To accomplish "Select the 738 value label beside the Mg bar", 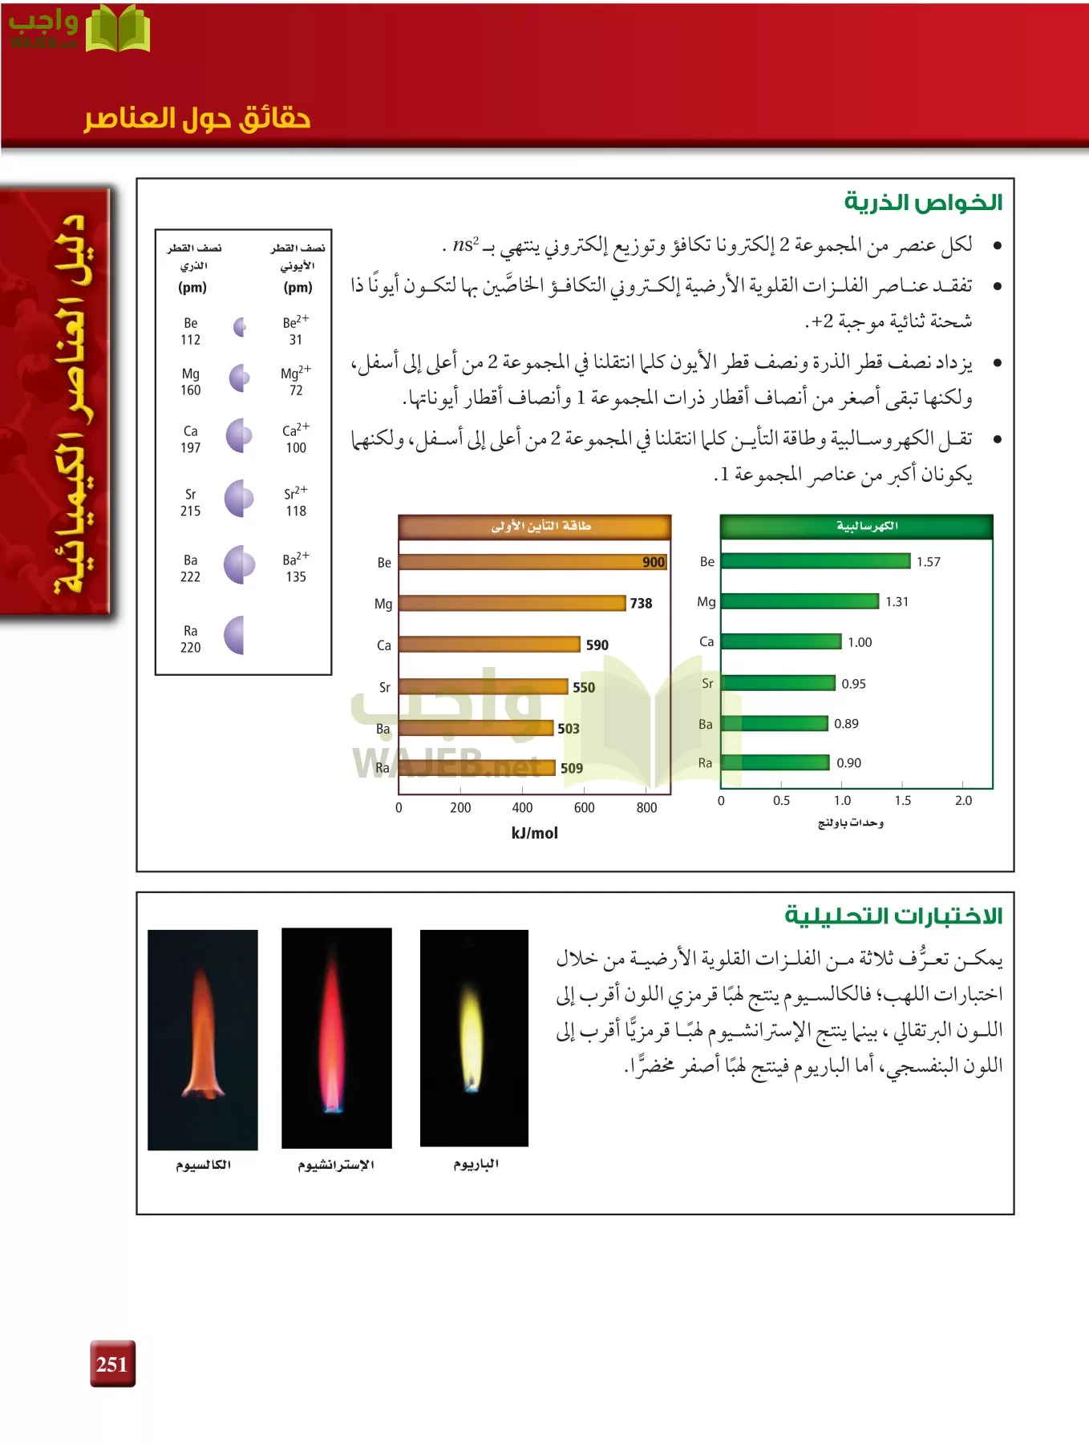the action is (641, 604).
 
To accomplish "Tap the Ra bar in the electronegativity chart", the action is (775, 762).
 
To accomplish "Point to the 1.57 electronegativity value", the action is (929, 562).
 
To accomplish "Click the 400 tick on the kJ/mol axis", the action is (522, 807).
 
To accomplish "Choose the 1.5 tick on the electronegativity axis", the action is (903, 800).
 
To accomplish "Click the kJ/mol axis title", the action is (534, 833).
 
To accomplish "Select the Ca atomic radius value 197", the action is (190, 448).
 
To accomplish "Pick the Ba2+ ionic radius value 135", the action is (296, 576).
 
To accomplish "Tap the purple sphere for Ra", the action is (235, 636).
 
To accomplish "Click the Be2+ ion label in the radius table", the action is (295, 322).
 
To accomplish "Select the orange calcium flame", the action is (203, 1034).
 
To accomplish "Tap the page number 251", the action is (112, 1364).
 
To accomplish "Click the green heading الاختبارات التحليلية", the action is (893, 916).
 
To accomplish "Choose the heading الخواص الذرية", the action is (923, 203).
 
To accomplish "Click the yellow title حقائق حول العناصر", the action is (197, 119).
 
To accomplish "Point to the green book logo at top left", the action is (117, 30).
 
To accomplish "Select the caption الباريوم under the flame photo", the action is (476, 1164).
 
